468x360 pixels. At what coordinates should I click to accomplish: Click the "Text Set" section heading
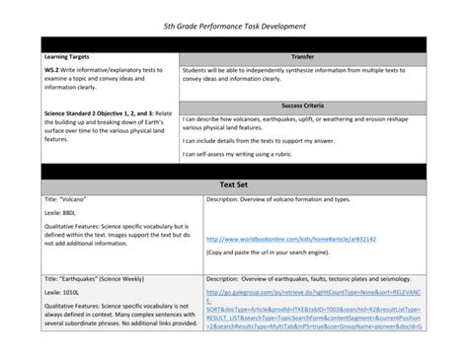[233, 184]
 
